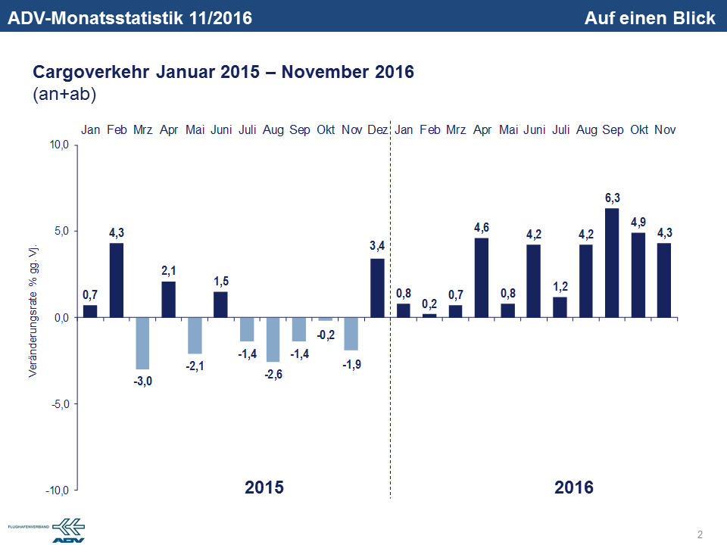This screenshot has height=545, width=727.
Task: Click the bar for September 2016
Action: pos(613,263)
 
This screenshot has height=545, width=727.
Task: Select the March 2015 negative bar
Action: pos(142,343)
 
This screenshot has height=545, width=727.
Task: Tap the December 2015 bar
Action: pos(377,288)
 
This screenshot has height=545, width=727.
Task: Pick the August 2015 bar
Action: pos(273,339)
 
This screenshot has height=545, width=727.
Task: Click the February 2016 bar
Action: pos(429,316)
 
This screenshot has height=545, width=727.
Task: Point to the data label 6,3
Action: pos(613,198)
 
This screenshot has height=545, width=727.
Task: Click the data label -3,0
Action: pos(142,381)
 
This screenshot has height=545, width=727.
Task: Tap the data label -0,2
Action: pos(326,335)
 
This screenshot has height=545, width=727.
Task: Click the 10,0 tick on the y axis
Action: pos(59,145)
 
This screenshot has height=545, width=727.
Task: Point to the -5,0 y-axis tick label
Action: pos(59,404)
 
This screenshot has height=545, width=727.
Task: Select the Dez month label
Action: pos(377,130)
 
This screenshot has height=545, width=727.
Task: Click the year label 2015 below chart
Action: pos(264,487)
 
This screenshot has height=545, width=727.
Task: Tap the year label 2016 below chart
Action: pos(574,487)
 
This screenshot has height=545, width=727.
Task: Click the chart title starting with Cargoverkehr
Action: pos(223,73)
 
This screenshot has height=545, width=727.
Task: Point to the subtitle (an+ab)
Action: pos(64,94)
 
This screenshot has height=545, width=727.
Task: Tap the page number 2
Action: pos(700,534)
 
